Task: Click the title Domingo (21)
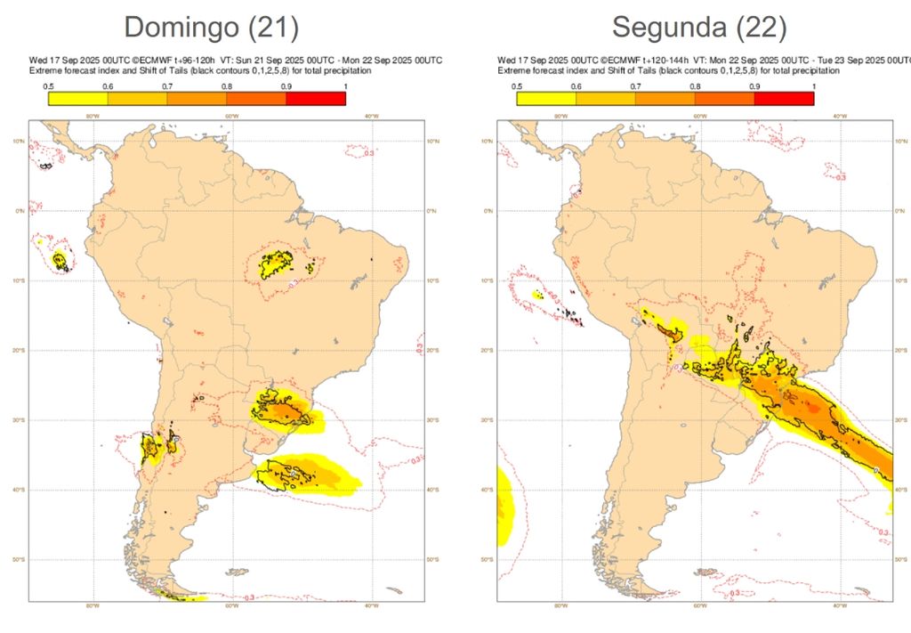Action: [x=210, y=28]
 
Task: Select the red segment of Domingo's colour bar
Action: [x=316, y=99]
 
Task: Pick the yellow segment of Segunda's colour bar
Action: [x=546, y=99]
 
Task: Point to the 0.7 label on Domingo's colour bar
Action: [x=167, y=86]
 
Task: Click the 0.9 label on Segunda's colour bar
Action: [x=754, y=86]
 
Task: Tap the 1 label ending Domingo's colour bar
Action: [x=344, y=86]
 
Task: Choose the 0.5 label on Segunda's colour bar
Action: [x=517, y=86]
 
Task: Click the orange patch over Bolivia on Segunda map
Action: [x=666, y=331]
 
